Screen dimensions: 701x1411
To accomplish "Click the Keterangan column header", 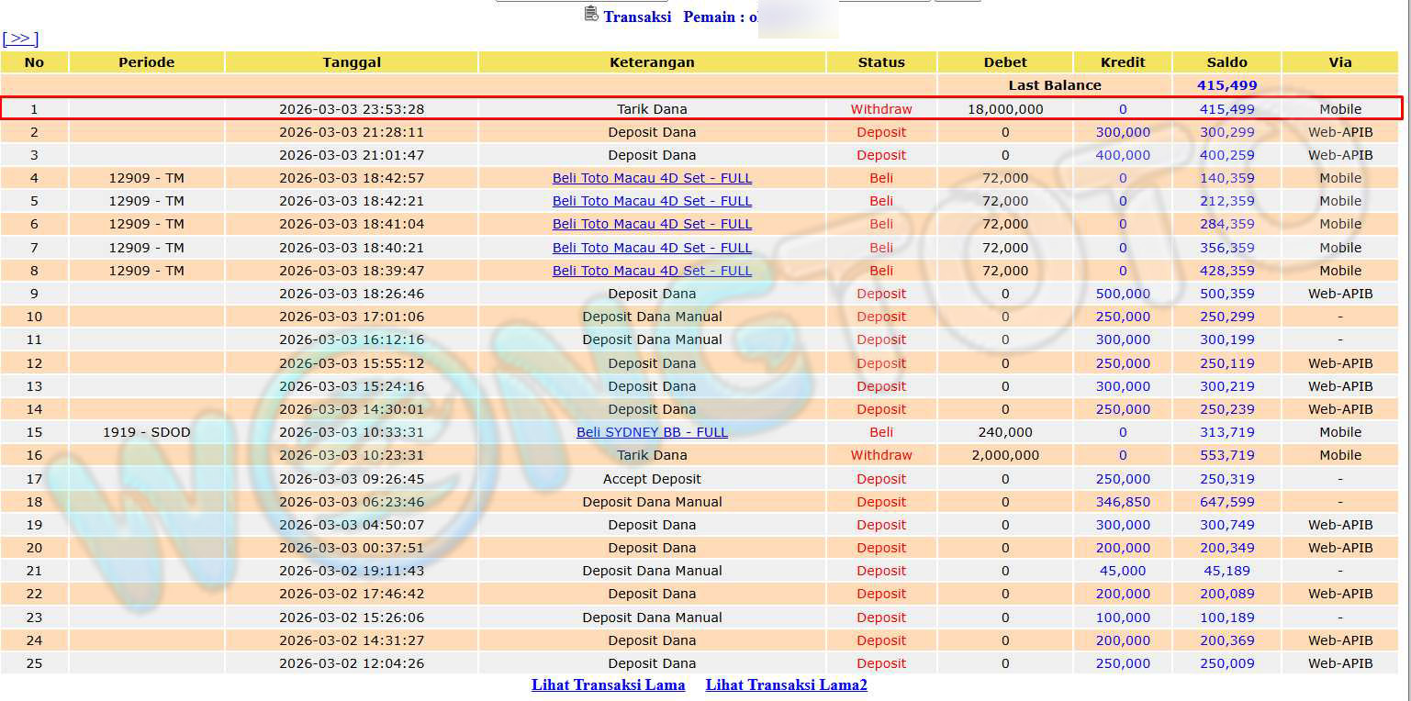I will (652, 62).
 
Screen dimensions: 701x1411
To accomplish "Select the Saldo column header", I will (1226, 62).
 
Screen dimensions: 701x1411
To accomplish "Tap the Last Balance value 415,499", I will (1226, 85).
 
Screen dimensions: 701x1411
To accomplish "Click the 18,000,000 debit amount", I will (1005, 109).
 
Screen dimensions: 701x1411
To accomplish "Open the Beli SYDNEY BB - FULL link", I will (652, 432).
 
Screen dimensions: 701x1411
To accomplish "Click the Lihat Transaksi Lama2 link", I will (786, 684).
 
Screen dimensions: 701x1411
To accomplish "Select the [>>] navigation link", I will (20, 39).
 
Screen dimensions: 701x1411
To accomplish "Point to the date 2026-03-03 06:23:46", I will (352, 502).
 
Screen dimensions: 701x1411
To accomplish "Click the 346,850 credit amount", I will (1123, 502).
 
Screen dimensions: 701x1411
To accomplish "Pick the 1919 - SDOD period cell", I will (146, 432).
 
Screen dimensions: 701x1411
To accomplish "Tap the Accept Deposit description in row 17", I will (652, 479).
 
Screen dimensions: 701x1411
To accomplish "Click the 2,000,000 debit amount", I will (1005, 455).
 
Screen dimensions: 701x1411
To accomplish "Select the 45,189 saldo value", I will (1226, 571).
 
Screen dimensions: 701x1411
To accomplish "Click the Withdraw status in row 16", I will (881, 455).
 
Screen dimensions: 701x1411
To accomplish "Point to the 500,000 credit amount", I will (1123, 294).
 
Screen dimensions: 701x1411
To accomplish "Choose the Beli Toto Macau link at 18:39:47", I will (652, 271).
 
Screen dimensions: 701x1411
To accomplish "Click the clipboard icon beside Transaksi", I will (591, 15).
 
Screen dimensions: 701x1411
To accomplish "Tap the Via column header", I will (1340, 62).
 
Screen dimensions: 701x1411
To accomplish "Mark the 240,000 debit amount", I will (1005, 432).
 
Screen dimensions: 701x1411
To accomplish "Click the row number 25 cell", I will (34, 663).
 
